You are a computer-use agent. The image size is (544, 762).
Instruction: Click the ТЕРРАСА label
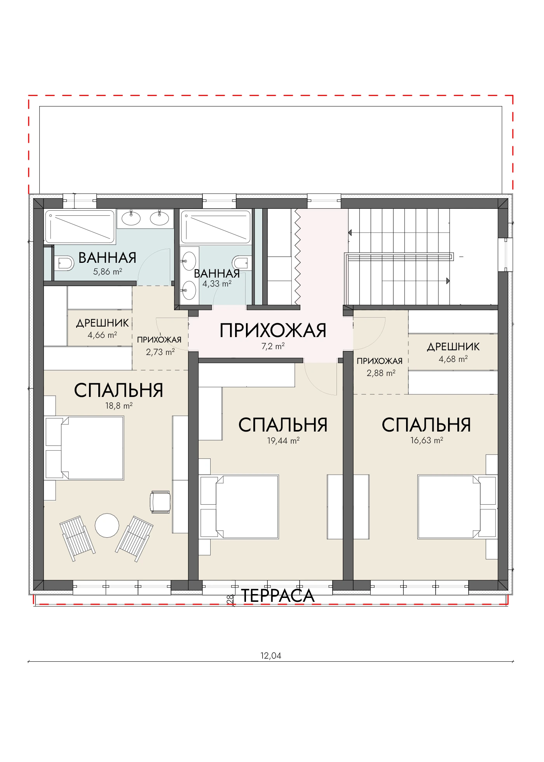point(278,596)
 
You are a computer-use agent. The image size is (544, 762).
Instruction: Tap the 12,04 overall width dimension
point(271,655)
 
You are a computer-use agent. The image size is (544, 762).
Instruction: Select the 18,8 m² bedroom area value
point(119,406)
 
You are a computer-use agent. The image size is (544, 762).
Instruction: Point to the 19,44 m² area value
point(283,440)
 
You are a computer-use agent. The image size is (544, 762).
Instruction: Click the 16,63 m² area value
point(427,440)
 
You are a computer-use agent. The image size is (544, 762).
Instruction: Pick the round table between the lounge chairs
point(107,525)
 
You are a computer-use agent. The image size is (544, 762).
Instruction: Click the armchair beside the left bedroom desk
point(160,502)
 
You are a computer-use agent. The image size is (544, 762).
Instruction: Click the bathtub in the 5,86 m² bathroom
point(80,227)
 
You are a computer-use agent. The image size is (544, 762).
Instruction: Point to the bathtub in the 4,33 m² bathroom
point(216,227)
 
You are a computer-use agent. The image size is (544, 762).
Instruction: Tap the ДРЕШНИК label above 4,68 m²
point(453,347)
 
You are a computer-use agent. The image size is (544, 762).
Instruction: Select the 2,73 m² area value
point(160,352)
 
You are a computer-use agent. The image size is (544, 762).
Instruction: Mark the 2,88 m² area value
point(381,373)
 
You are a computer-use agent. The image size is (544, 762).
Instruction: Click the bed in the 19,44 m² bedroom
point(239,507)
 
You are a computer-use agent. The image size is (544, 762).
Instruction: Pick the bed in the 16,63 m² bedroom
point(457,507)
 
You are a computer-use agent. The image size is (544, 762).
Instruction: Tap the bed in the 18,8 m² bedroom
point(85,448)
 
